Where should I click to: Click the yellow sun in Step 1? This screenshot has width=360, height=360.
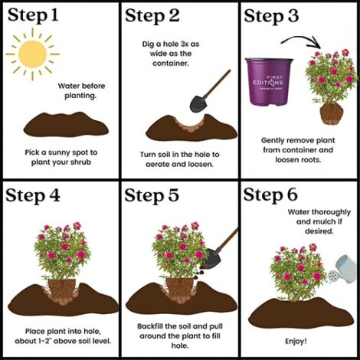coord(32,54)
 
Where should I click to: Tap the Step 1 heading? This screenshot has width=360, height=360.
coord(33,15)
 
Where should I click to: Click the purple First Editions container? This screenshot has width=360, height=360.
coord(269,82)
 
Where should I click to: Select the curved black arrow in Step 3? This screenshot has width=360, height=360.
coord(301,41)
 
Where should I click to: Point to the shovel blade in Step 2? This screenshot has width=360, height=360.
coord(198,103)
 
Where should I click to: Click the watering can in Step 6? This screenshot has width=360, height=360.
coord(343,270)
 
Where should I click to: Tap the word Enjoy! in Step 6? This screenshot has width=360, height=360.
coord(296,341)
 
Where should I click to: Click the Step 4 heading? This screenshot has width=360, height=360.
coord(33,196)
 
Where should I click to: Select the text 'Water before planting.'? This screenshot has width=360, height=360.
coord(81,90)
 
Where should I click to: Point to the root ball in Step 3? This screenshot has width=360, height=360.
coord(332,114)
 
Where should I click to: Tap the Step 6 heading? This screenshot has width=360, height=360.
coord(270,195)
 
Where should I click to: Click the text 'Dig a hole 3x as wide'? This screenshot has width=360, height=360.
coord(171,49)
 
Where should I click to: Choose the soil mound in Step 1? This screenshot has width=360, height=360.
coord(66,125)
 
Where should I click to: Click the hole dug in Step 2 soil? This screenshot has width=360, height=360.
coord(190,125)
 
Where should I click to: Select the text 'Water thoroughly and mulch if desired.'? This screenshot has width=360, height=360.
coord(319,221)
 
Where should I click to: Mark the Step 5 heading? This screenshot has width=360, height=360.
coord(152,195)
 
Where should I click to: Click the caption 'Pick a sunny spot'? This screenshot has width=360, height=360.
coord(61,152)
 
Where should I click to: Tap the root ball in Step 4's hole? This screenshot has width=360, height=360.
coord(61,291)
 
